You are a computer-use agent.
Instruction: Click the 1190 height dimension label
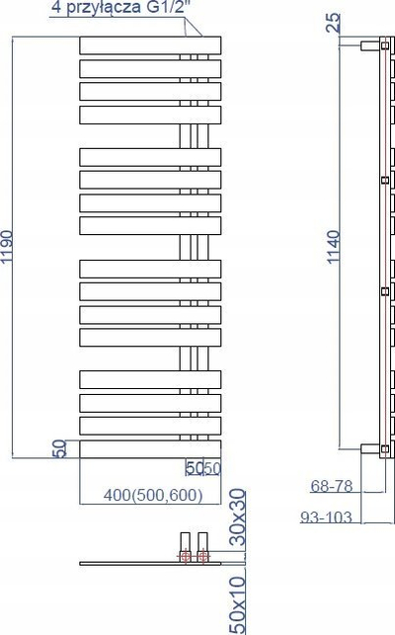(7, 247)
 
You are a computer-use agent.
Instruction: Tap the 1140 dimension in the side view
(334, 247)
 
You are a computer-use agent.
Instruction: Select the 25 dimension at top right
(334, 23)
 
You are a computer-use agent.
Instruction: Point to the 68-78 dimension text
(332, 486)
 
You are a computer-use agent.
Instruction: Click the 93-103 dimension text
(326, 517)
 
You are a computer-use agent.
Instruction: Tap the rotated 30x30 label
(238, 517)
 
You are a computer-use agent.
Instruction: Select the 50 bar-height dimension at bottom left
(60, 448)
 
